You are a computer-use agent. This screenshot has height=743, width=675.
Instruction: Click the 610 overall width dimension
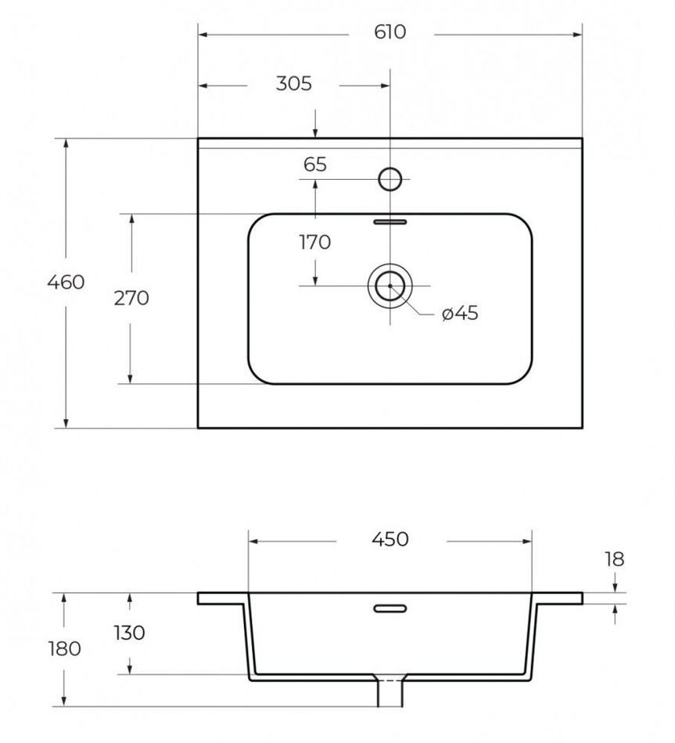390,33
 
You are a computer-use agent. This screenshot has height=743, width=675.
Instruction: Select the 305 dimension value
293,84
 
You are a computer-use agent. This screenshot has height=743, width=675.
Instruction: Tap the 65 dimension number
314,164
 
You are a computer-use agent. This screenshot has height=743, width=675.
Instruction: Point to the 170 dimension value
314,242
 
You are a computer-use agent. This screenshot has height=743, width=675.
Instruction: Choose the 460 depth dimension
66,282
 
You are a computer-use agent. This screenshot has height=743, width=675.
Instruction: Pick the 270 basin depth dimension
131,298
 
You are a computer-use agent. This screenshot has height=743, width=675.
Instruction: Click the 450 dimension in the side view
390,539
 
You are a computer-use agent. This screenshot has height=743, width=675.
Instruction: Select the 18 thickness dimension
614,558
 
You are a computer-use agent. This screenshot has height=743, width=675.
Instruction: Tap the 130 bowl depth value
129,633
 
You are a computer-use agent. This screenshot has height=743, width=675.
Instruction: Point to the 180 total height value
64,648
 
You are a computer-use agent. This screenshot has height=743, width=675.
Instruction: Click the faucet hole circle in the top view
390,180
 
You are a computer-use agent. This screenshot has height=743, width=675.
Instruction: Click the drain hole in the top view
389,286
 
